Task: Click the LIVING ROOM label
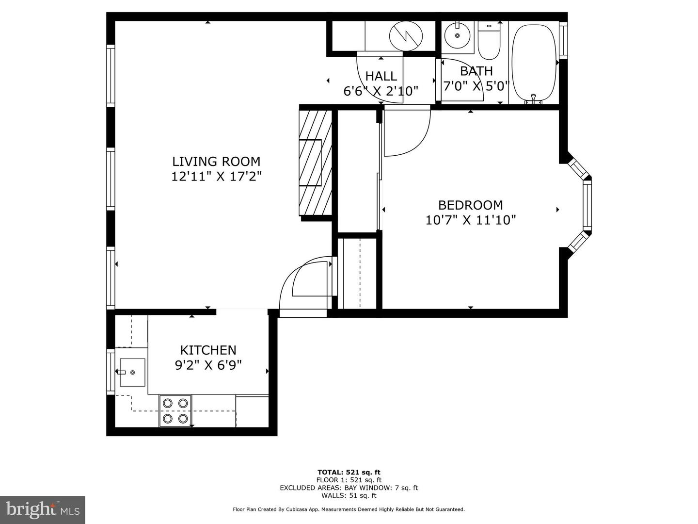[216, 161]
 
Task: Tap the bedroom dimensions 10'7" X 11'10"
[470, 220]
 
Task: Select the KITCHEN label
[208, 350]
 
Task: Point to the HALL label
[381, 76]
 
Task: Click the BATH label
[476, 71]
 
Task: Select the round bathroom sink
[457, 35]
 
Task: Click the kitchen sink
[131, 372]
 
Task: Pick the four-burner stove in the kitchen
[175, 410]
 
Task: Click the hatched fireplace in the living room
[316, 163]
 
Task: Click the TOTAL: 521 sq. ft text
[349, 472]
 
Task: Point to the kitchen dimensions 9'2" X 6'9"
[208, 365]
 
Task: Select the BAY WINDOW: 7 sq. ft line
[349, 488]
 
